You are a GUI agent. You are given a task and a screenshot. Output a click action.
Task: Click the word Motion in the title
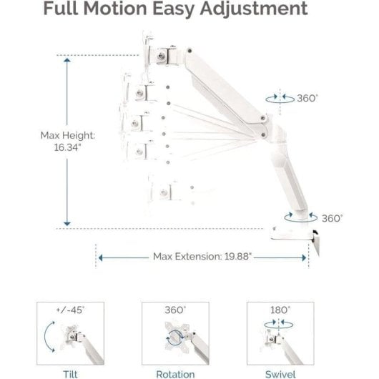click(x=115, y=9)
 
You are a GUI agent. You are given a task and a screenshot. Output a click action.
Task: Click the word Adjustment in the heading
click(x=254, y=10)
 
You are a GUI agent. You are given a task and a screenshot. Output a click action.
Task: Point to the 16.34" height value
click(x=67, y=147)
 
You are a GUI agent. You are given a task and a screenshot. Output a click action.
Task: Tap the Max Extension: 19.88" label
click(x=202, y=257)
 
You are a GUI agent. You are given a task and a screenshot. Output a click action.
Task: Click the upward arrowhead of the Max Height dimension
click(x=67, y=60)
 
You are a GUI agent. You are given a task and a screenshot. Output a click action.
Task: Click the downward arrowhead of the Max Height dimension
click(x=67, y=224)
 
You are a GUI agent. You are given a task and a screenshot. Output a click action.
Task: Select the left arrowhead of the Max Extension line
click(x=101, y=257)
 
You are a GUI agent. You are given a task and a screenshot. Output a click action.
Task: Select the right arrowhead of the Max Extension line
click(x=305, y=257)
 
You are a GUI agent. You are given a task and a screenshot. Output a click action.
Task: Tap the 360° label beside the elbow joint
click(x=307, y=99)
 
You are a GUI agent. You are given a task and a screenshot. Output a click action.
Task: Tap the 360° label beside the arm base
click(x=332, y=219)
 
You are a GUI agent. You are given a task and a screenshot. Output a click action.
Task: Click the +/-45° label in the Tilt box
click(x=70, y=310)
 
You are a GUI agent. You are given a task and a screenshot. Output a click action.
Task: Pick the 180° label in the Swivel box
click(x=280, y=310)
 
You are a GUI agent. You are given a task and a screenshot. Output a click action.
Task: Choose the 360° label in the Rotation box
click(x=175, y=310)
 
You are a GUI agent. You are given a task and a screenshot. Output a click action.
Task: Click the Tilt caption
click(x=70, y=374)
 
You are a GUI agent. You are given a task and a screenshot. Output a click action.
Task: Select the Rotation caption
click(x=175, y=374)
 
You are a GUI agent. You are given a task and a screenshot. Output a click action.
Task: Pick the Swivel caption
click(x=280, y=374)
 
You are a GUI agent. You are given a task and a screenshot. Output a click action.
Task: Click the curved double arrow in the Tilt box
click(x=46, y=337)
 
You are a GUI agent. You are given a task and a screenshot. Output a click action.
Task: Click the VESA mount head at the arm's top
click(x=162, y=56)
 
